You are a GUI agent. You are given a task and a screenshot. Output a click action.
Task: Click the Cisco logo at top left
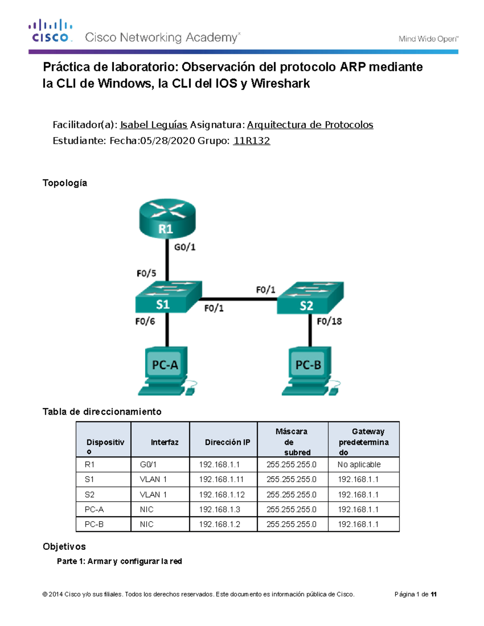[x=50, y=31]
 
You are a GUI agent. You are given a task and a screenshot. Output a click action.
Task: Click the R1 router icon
[x=167, y=218]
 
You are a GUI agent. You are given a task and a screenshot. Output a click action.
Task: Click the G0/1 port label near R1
[x=185, y=247]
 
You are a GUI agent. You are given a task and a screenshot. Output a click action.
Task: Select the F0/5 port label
[x=146, y=273]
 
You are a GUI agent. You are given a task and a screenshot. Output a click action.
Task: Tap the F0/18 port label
[x=329, y=321]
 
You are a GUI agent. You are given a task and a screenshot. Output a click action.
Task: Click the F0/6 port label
[x=145, y=321]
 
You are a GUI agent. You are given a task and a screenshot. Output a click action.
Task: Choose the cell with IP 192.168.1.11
[x=221, y=479]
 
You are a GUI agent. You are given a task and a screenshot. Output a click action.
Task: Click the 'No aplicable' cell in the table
[x=359, y=464]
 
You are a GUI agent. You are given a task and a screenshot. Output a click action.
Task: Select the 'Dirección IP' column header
[x=227, y=442]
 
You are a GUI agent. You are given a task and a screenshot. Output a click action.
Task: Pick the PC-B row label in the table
[x=94, y=524]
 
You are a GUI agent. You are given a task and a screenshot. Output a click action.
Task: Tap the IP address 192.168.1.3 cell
[x=219, y=510]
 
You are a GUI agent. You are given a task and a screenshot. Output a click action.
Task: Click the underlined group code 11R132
[x=252, y=141]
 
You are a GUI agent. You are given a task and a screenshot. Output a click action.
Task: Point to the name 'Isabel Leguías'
[x=154, y=125]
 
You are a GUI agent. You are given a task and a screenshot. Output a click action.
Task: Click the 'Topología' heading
[x=65, y=183]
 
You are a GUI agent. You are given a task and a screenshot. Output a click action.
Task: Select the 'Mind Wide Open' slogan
[x=428, y=39]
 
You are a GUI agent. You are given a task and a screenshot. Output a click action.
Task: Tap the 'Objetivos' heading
[x=64, y=547]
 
